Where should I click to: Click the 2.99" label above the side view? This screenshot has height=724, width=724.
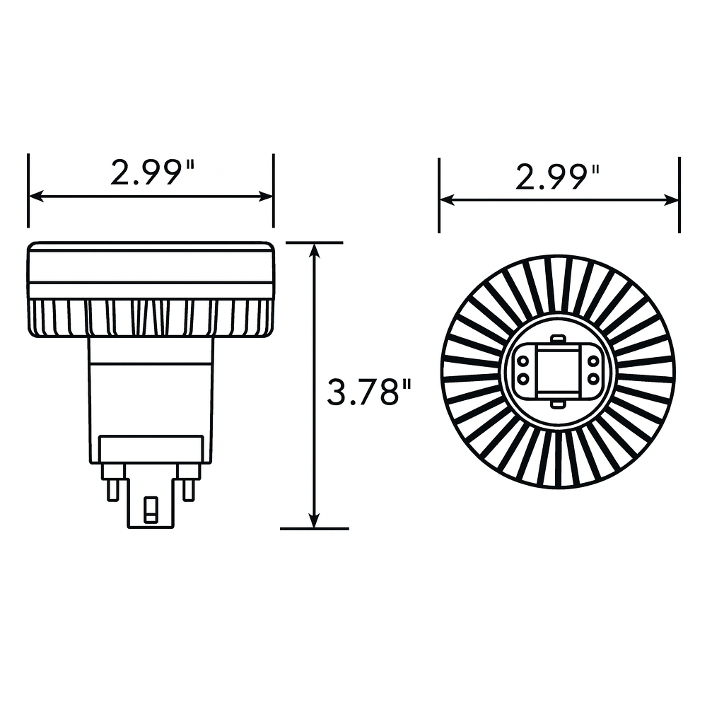[x=151, y=172]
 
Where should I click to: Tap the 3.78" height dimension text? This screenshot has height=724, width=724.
[x=368, y=392]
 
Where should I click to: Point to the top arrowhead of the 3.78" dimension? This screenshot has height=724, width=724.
[x=315, y=250]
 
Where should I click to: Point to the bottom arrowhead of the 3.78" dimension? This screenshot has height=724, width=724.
[x=315, y=521]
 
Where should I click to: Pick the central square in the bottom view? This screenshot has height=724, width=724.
[x=557, y=370]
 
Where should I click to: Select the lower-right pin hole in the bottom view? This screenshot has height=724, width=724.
[x=592, y=379]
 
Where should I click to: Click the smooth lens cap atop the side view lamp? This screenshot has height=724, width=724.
[x=151, y=262]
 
